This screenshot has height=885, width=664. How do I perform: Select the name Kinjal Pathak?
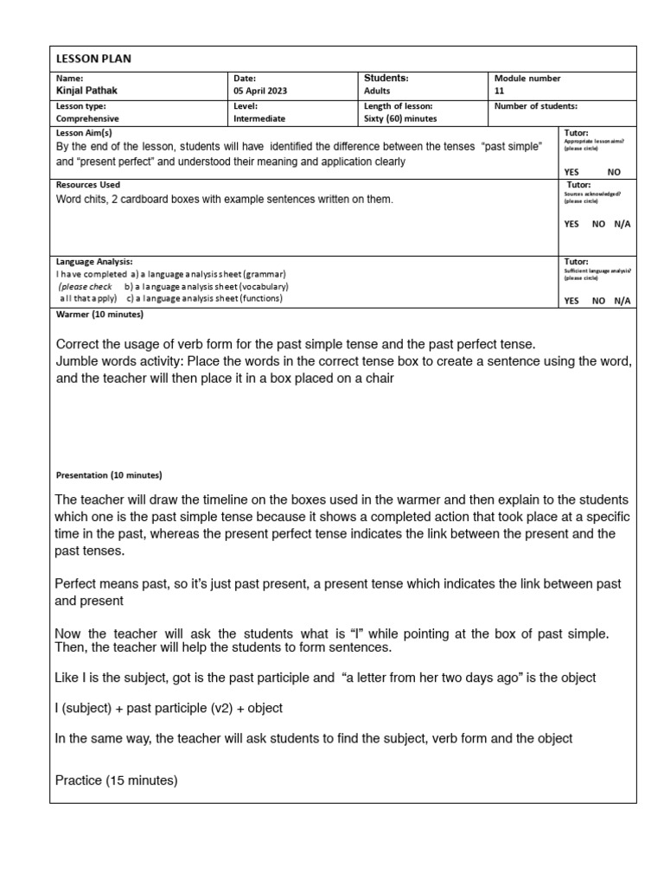88,91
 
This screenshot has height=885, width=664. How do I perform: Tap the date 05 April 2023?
260,91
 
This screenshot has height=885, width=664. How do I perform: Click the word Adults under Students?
378,91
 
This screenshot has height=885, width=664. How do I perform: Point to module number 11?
499,91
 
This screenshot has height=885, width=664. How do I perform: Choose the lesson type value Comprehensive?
88,118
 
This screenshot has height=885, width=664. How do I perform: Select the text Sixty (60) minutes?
401,118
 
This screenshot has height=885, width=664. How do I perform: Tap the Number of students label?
535,106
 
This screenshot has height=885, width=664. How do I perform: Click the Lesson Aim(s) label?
84,132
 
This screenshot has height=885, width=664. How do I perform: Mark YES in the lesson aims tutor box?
571,172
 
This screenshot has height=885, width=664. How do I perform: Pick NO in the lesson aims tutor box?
614,172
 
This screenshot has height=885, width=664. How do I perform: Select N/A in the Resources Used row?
622,223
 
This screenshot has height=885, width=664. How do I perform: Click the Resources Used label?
88,185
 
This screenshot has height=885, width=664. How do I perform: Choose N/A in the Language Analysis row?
622,300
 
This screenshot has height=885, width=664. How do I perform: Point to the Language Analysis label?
94,261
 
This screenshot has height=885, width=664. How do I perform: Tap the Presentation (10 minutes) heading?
109,475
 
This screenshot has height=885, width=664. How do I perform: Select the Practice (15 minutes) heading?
117,780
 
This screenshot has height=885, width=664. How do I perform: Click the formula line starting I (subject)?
169,708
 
